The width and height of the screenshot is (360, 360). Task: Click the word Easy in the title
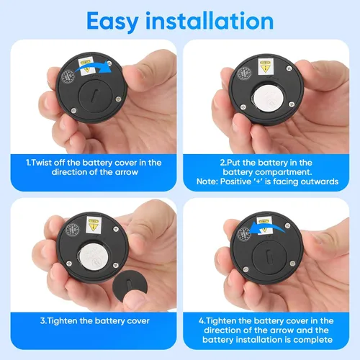click(113, 22)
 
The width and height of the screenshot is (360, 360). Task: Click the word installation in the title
click(210, 21)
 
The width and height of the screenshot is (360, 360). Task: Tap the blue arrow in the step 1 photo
click(94, 66)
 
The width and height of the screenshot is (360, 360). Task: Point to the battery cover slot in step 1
click(94, 96)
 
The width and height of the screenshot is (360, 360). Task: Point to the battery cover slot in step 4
click(269, 257)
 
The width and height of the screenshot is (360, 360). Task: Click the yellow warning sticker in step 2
click(265, 66)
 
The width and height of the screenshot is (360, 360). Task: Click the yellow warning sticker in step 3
click(94, 225)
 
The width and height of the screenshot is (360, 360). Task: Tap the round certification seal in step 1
click(68, 77)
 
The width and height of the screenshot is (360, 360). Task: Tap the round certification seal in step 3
click(73, 230)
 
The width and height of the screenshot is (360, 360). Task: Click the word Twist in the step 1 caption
click(41, 163)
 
